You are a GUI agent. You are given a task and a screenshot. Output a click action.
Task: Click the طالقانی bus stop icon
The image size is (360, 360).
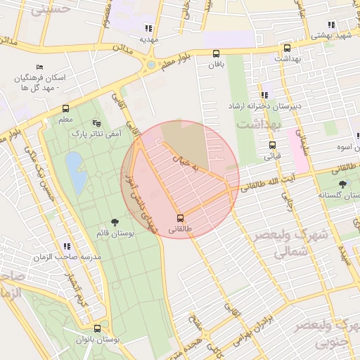(x=181, y=217)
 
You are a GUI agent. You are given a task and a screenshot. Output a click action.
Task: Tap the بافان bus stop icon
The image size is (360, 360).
(x=215, y=53)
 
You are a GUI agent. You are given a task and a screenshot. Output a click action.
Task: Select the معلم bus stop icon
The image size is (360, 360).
(x=65, y=108)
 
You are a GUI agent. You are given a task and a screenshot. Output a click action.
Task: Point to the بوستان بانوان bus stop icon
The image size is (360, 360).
(x=96, y=328)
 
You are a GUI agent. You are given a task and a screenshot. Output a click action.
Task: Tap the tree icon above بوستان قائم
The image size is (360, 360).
(x=115, y=221)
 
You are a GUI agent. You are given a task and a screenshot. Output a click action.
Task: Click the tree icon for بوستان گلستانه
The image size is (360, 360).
(x=342, y=184)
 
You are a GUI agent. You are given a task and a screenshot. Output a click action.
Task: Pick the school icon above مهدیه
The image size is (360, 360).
(x=148, y=28)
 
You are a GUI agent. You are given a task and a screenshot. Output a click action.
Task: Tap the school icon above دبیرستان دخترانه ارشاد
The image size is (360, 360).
(x=264, y=94)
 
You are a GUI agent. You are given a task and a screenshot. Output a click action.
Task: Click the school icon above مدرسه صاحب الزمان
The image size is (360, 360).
(x=67, y=246)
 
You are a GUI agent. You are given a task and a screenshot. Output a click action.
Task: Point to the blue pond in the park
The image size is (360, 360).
(x=76, y=173)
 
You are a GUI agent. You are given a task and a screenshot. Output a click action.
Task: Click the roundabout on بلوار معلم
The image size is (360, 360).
(x=150, y=65)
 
